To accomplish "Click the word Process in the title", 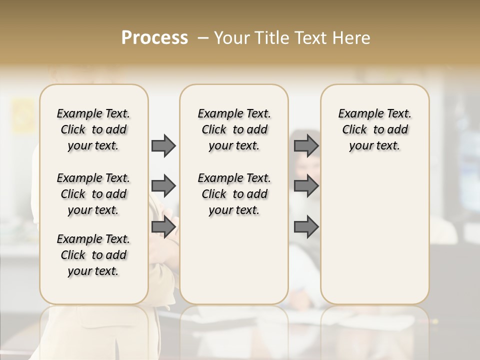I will tap(154, 38).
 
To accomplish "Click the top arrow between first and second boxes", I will tap(163, 145).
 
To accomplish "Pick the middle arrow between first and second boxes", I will tap(163, 186).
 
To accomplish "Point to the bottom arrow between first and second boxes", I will tap(163, 227).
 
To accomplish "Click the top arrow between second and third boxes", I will tap(306, 145).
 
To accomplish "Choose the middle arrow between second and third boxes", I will tap(306, 186).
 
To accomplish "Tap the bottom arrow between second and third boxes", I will tap(306, 227).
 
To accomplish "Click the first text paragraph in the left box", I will tap(93, 129).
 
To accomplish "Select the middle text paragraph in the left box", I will tap(93, 194).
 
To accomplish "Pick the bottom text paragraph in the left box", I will tap(93, 255).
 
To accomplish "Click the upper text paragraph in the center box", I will tap(234, 129).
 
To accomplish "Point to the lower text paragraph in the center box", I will tap(234, 194).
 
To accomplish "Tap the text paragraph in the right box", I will tap(374, 129).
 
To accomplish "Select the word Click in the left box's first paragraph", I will tap(73, 130).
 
